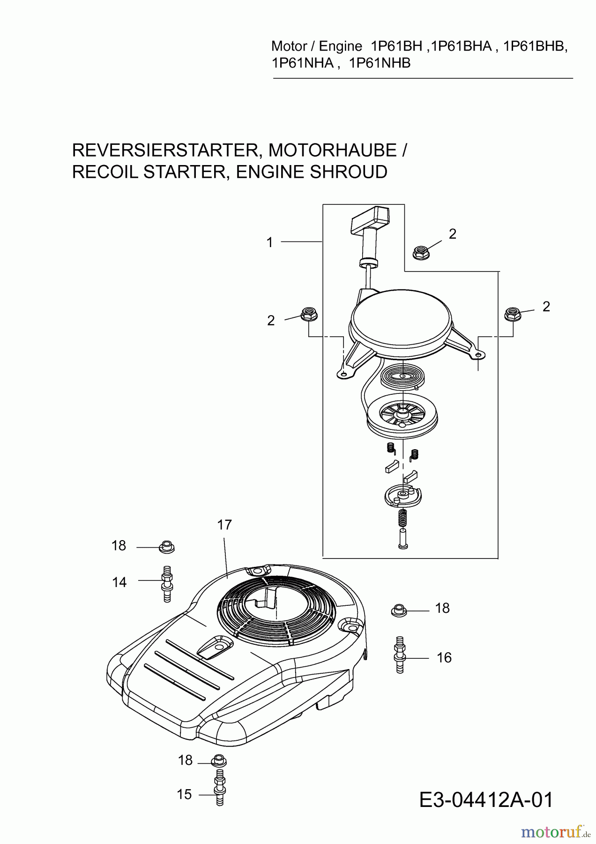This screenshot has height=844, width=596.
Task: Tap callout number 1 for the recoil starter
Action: [269, 242]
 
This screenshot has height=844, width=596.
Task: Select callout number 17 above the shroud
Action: [224, 525]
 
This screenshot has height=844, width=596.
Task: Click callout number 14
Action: [119, 582]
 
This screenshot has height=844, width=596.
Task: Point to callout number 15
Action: [184, 794]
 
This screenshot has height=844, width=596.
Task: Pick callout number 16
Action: [444, 657]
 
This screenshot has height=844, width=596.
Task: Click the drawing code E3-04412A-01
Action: [486, 800]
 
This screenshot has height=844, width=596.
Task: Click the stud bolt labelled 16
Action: [400, 655]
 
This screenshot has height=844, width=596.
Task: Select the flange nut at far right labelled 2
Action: [513, 314]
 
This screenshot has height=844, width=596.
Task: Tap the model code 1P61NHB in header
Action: [380, 63]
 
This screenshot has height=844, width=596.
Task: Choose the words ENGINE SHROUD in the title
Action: [312, 172]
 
